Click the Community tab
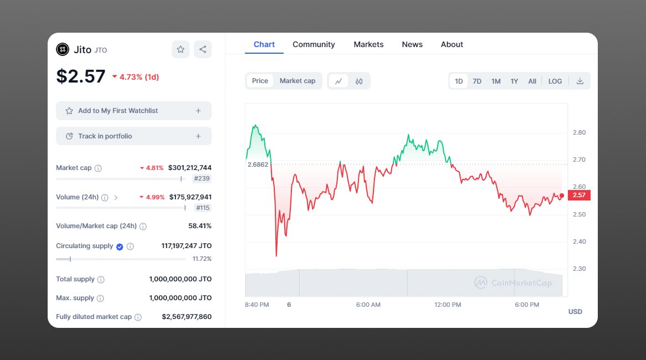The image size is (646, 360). click(314, 44)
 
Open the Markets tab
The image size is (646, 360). click(368, 44)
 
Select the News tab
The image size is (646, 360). click(412, 44)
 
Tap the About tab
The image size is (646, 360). click(452, 44)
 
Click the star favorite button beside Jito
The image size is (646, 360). click(181, 49)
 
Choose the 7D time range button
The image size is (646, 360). click(477, 81)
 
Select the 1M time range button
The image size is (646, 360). click(496, 81)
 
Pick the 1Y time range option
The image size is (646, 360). click(514, 81)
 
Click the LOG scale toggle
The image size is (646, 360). click(555, 81)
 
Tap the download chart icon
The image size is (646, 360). click(580, 81)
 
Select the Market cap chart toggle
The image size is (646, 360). click(298, 81)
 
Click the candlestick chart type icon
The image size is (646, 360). click(359, 81)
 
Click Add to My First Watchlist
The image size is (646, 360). click(134, 111)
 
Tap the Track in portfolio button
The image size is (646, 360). click(134, 136)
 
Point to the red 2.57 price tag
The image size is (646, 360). click(579, 195)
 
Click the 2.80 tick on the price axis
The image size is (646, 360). click(579, 132)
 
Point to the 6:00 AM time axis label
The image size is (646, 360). click(368, 305)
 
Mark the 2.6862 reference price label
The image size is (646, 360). click(258, 164)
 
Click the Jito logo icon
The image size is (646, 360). click(63, 49)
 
